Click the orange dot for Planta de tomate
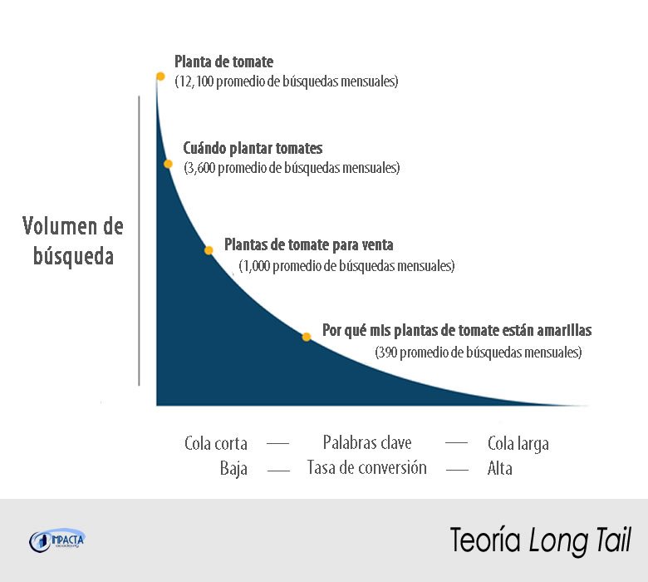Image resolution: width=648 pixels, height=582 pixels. tap(160, 76)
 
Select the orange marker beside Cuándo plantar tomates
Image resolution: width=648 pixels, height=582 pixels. tap(168, 165)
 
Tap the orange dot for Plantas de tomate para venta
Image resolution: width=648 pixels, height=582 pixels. tap(209, 249)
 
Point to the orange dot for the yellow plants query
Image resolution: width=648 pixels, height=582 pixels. tap(307, 337)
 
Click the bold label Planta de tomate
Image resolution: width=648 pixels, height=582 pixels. tap(223, 62)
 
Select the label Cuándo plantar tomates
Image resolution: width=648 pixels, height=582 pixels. tap(253, 149)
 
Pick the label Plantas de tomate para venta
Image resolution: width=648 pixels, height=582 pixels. tap(308, 246)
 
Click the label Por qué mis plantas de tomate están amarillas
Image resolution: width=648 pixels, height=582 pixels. tap(457, 330)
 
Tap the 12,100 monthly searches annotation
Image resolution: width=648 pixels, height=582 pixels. tap(287, 81)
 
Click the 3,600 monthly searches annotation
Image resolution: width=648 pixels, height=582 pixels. tap(292, 168)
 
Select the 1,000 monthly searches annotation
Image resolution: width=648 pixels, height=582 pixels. tap(346, 267)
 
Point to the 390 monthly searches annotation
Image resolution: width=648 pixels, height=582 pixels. tap(479, 352)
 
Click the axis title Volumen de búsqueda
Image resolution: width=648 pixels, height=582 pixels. tap(73, 240)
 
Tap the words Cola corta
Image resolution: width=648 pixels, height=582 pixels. tap(216, 443)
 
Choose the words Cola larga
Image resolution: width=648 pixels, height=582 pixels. tap(518, 443)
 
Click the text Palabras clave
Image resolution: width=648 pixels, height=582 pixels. tap(367, 442)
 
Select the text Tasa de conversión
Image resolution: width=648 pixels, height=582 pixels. tap(366, 467)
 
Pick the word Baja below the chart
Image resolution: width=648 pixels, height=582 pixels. tap(234, 468)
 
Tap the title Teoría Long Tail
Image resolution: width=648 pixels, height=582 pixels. tap(541, 540)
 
